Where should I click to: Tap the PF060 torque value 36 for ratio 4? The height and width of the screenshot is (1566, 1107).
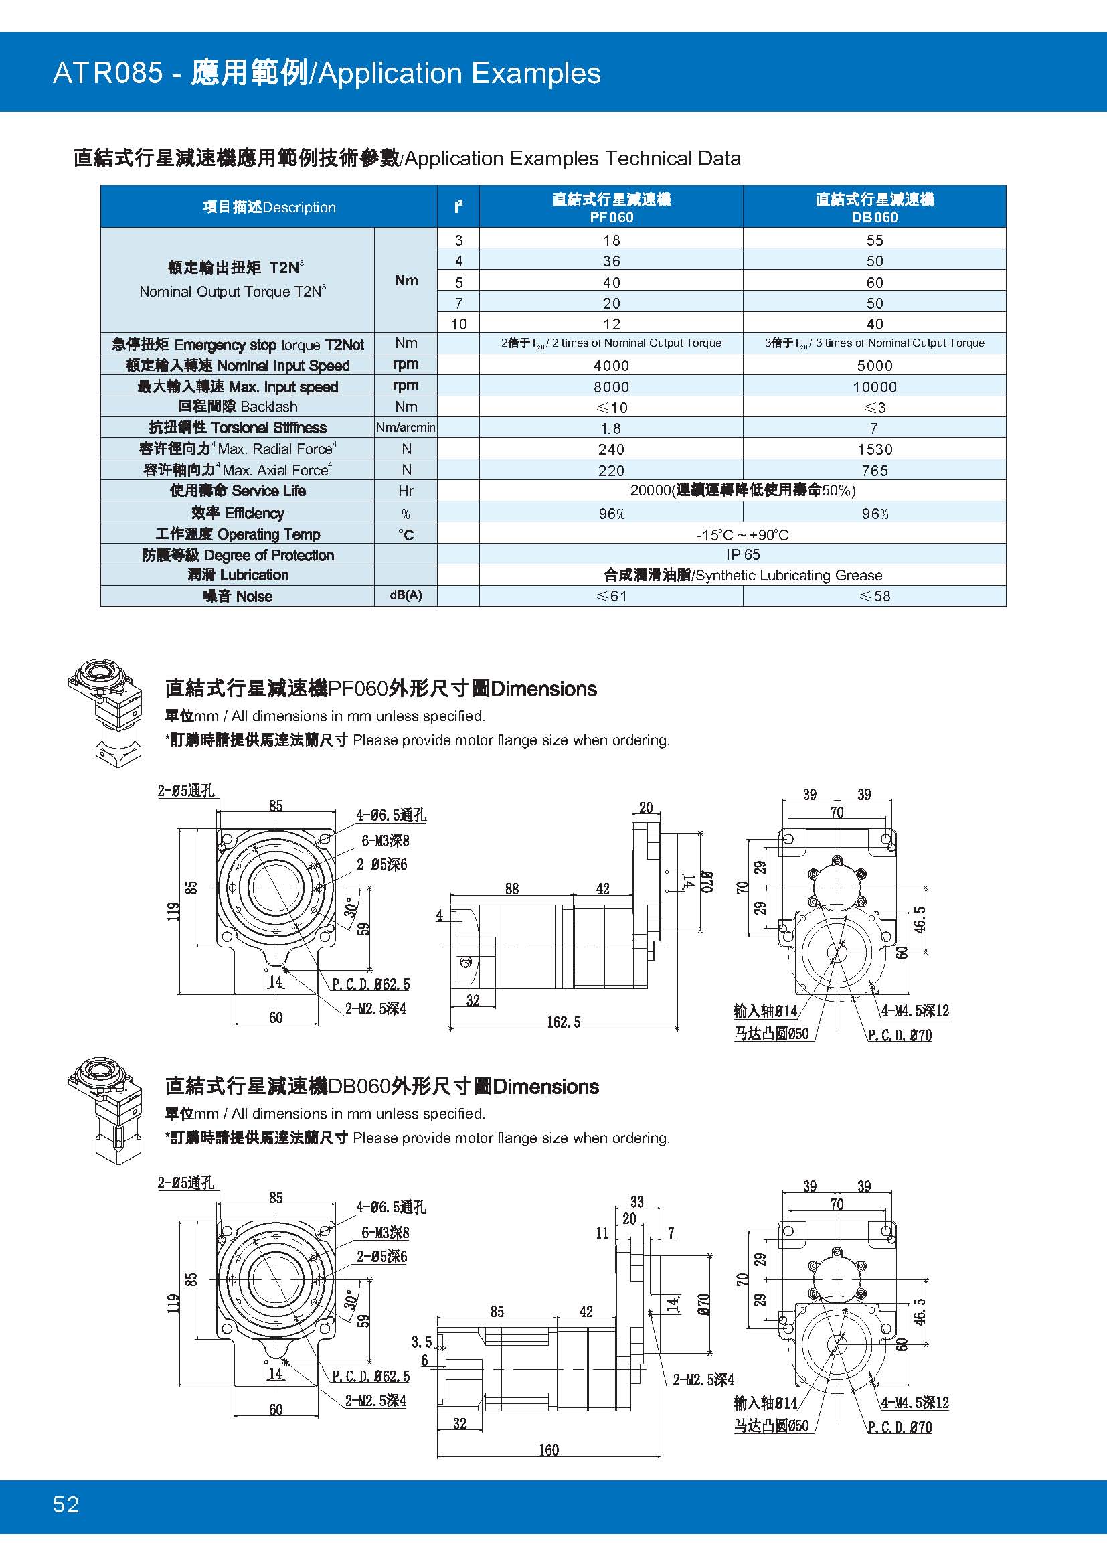(x=611, y=261)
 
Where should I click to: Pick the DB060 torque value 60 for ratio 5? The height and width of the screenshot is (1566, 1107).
(x=874, y=283)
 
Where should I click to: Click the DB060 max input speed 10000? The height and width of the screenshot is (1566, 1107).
(x=874, y=387)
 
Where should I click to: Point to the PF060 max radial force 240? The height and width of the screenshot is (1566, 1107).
(x=611, y=449)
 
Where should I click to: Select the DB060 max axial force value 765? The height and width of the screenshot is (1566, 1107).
(x=874, y=471)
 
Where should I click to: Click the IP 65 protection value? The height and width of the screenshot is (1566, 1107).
(x=742, y=554)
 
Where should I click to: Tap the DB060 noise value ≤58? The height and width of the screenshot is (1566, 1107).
(x=874, y=596)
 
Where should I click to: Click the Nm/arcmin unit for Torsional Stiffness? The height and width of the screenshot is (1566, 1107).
(x=406, y=428)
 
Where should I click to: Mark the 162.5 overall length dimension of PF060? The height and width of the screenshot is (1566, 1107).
(x=564, y=1022)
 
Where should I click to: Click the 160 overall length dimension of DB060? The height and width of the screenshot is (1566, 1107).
(x=548, y=1450)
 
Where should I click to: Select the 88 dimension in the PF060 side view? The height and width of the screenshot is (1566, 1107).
(x=512, y=888)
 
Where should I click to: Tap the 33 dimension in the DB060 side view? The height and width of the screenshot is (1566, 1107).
(x=636, y=1202)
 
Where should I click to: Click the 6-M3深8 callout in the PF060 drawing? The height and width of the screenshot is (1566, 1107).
(x=385, y=841)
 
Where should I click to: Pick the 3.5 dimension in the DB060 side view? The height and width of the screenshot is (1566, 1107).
(x=421, y=1342)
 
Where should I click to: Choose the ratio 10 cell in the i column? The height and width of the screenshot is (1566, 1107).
(x=458, y=324)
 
